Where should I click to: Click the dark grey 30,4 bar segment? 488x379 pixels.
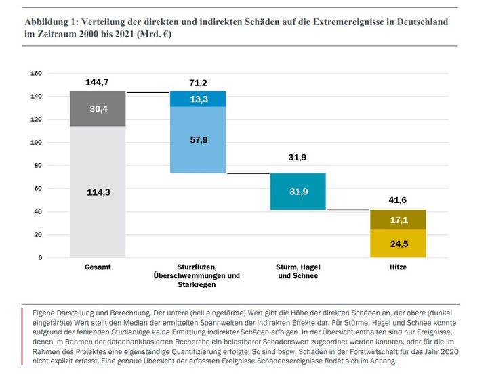pos(98,108)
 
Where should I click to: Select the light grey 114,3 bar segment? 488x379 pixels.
pos(98,192)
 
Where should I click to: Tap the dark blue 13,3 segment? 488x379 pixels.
pos(198,99)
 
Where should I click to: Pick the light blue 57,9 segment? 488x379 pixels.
pos(198,140)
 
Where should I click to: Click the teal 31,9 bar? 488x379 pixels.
pos(298,192)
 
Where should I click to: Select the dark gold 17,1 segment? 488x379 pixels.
pos(398,220)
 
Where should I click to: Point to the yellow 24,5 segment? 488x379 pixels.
pos(398,244)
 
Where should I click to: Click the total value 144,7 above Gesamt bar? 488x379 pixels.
pos(97,82)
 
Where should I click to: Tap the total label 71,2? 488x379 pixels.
pos(198,83)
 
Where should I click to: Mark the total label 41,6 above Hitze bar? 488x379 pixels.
pos(397,200)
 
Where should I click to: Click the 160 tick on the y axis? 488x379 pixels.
pos(36,74)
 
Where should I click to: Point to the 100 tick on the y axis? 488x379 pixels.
pos(36,143)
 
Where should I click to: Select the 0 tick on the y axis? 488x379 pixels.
pos(40,258)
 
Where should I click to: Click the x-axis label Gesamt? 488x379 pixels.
pos(98,267)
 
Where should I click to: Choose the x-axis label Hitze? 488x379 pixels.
pos(398,267)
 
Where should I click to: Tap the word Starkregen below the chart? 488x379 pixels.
pos(197,284)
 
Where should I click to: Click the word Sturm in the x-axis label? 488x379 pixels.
pos(285,267)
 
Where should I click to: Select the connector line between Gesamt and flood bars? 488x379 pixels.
pos(148,92)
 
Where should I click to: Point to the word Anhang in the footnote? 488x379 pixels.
pos(385,361)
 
